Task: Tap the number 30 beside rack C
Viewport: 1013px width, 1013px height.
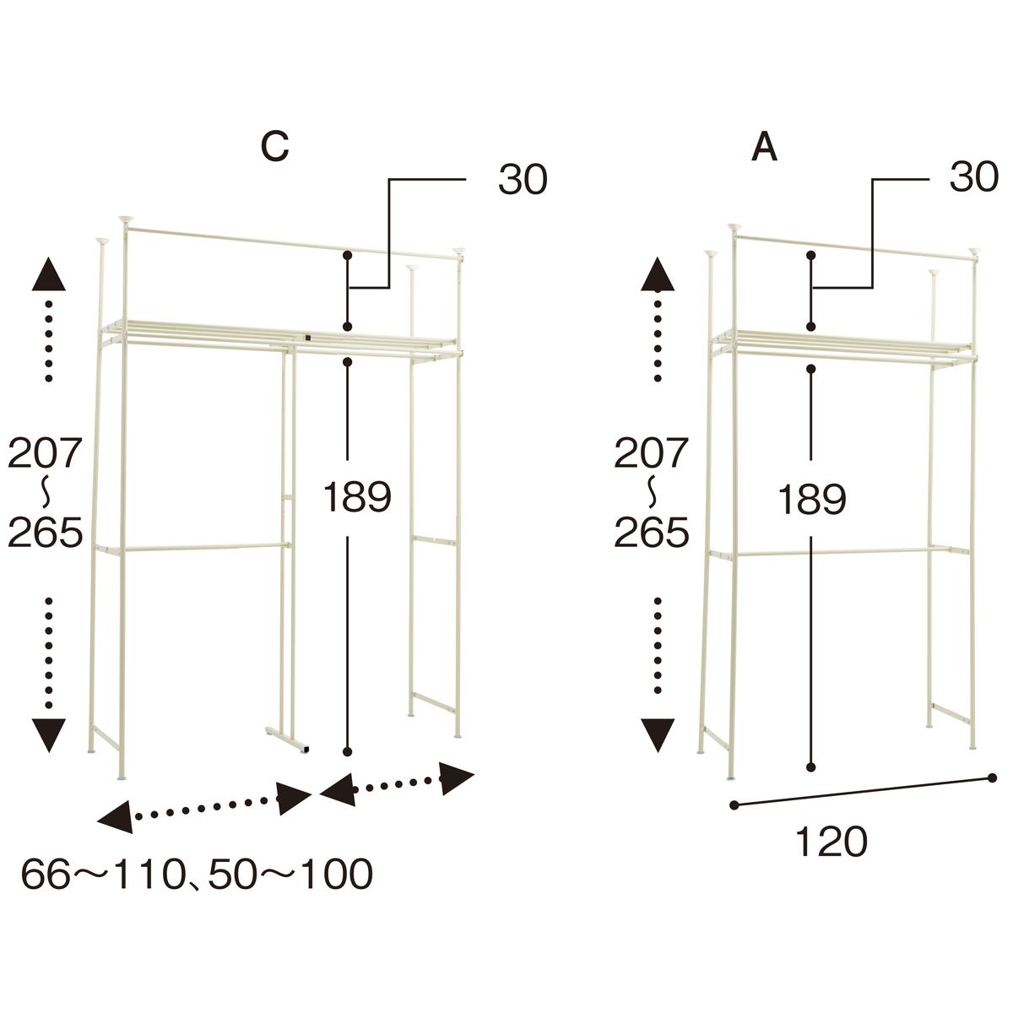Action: (523, 180)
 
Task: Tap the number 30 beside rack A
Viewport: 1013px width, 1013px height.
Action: (973, 176)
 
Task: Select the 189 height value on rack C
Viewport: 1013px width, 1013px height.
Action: (357, 496)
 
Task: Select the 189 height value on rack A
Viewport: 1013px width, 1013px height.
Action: (811, 500)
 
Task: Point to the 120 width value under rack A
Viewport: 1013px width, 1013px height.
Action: (832, 842)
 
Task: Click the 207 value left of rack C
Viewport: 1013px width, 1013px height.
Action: (46, 452)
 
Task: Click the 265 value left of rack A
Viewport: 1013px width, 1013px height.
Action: (652, 532)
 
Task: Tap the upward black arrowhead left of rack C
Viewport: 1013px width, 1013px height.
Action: (49, 274)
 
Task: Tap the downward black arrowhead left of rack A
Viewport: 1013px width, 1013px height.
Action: (658, 735)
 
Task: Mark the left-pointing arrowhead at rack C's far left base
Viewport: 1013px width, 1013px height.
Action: (116, 817)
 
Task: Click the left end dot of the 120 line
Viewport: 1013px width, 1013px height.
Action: (735, 804)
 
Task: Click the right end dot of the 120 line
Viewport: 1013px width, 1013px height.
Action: (992, 777)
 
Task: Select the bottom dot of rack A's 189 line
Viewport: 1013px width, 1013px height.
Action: (811, 767)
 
